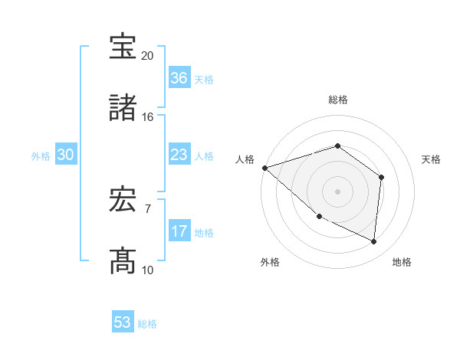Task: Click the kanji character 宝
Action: point(123,47)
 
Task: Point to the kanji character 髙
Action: point(123,261)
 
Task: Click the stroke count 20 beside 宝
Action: point(147,56)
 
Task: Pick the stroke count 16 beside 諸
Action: point(147,117)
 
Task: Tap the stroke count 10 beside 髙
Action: point(147,270)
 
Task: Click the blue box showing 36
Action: point(179,78)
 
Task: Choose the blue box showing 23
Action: point(179,155)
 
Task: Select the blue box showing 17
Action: point(179,231)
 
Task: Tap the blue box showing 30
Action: point(66,155)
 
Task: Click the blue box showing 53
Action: point(123,322)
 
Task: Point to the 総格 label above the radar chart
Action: point(338,100)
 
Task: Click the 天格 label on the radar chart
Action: point(432,159)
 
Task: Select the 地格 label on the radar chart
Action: point(402,262)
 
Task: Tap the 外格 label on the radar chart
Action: point(270,262)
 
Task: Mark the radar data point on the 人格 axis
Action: point(264,168)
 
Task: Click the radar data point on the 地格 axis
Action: point(374,241)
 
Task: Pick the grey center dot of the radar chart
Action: point(337,191)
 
